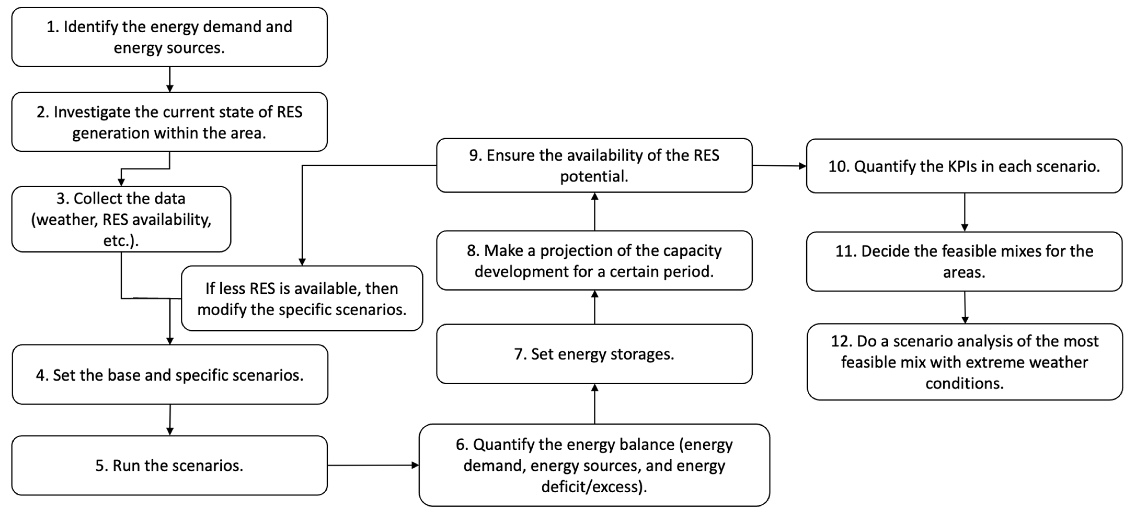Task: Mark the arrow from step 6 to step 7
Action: coord(594,403)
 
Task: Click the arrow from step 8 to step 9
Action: coord(594,211)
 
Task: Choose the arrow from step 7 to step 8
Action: coord(594,307)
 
